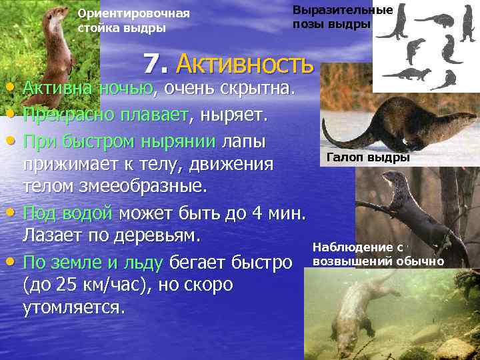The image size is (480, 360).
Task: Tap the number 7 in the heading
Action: [153, 64]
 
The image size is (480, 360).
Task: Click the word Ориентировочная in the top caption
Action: [133, 13]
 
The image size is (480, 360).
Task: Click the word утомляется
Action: [73, 307]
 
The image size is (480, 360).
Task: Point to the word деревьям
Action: [164, 235]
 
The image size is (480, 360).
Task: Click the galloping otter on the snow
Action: [387, 123]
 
